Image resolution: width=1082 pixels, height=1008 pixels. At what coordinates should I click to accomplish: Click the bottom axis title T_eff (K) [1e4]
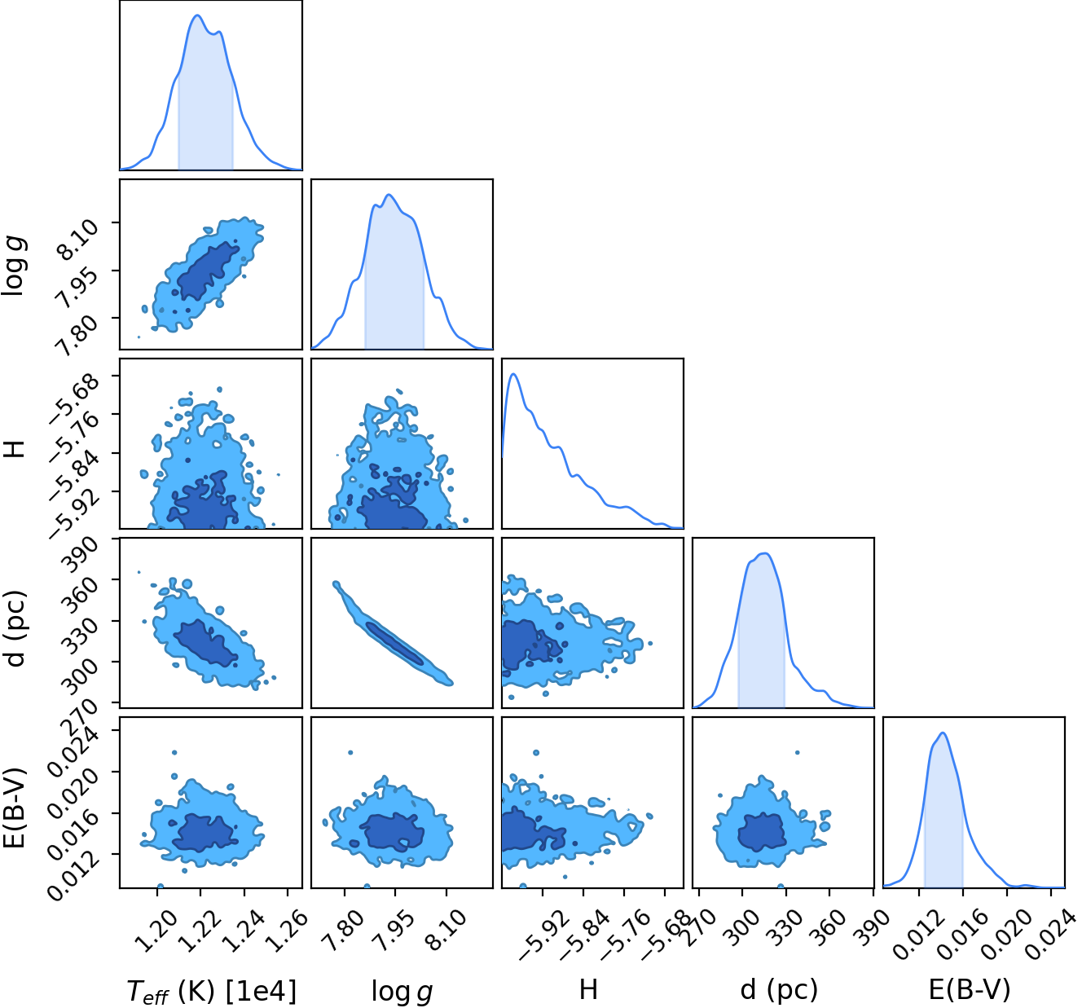tap(211, 991)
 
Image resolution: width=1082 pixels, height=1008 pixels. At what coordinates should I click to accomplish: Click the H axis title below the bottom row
tap(588, 989)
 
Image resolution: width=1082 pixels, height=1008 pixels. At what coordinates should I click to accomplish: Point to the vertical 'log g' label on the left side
tap(15, 264)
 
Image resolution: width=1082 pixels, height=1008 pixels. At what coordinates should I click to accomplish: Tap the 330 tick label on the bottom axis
tap(784, 926)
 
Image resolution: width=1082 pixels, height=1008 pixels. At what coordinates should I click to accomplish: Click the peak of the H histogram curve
tap(513, 374)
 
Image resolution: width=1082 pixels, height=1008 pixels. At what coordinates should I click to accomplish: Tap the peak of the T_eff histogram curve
tap(197, 15)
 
